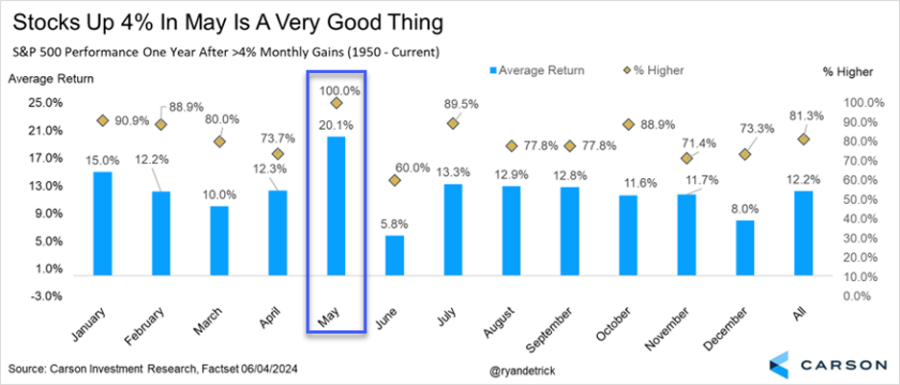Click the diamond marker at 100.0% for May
point(337,103)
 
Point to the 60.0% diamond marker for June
point(394,180)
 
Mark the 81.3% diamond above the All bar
point(803,140)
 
